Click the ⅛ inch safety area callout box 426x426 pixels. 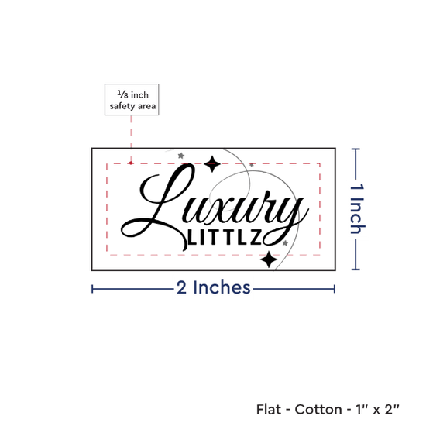[x=132, y=99]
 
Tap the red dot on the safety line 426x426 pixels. [x=131, y=163]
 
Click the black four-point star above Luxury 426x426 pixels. [x=212, y=164]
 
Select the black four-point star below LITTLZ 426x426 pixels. [x=269, y=259]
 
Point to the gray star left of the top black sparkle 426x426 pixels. [x=181, y=156]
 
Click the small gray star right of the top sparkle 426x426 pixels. [x=252, y=164]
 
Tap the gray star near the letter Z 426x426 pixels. [x=285, y=243]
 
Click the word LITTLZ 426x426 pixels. [x=225, y=237]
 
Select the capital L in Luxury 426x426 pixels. [x=158, y=207]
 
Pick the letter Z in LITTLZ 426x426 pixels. [x=256, y=237]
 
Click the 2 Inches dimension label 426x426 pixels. [x=213, y=287]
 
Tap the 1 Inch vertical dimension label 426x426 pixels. [x=357, y=208]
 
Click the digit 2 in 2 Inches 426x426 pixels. [x=181, y=288]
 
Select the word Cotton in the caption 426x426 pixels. [x=318, y=409]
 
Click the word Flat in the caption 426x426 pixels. [x=269, y=409]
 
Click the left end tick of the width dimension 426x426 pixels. [x=92, y=289]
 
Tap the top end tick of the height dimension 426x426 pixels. [x=356, y=149]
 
